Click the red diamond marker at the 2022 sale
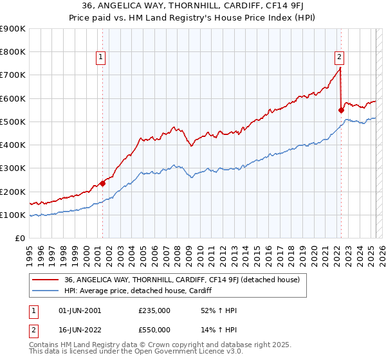(341, 110)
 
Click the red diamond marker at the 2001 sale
(102, 183)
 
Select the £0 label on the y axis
(19, 239)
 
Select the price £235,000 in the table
(154, 311)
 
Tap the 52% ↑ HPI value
(219, 311)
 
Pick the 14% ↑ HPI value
(219, 329)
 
